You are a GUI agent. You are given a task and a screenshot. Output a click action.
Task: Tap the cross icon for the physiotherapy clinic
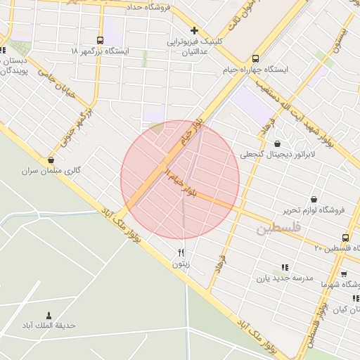[194, 31]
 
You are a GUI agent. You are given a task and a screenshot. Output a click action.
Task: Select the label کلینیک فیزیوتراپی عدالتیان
[194, 47]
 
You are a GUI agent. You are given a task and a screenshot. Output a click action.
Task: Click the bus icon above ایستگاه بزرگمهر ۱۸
[100, 40]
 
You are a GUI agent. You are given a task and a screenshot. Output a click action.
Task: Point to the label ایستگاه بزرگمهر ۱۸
[101, 52]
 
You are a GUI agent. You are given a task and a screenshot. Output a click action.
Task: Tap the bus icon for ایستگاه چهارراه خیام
[255, 58]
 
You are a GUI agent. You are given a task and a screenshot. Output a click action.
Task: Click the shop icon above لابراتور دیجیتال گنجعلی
[278, 143]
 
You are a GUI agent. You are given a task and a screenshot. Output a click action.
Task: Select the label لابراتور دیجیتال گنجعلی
[278, 155]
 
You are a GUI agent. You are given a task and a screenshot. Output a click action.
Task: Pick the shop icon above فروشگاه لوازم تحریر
[314, 199]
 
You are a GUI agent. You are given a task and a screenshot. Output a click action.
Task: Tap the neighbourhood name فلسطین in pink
[278, 229]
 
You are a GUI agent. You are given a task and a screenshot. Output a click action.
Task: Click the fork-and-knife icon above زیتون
[181, 253]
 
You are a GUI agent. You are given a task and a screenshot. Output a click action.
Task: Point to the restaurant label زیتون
[181, 264]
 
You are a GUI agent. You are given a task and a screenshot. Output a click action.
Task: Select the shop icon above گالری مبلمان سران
[51, 160]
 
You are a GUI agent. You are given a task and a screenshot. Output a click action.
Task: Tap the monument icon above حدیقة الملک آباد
[49, 315]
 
